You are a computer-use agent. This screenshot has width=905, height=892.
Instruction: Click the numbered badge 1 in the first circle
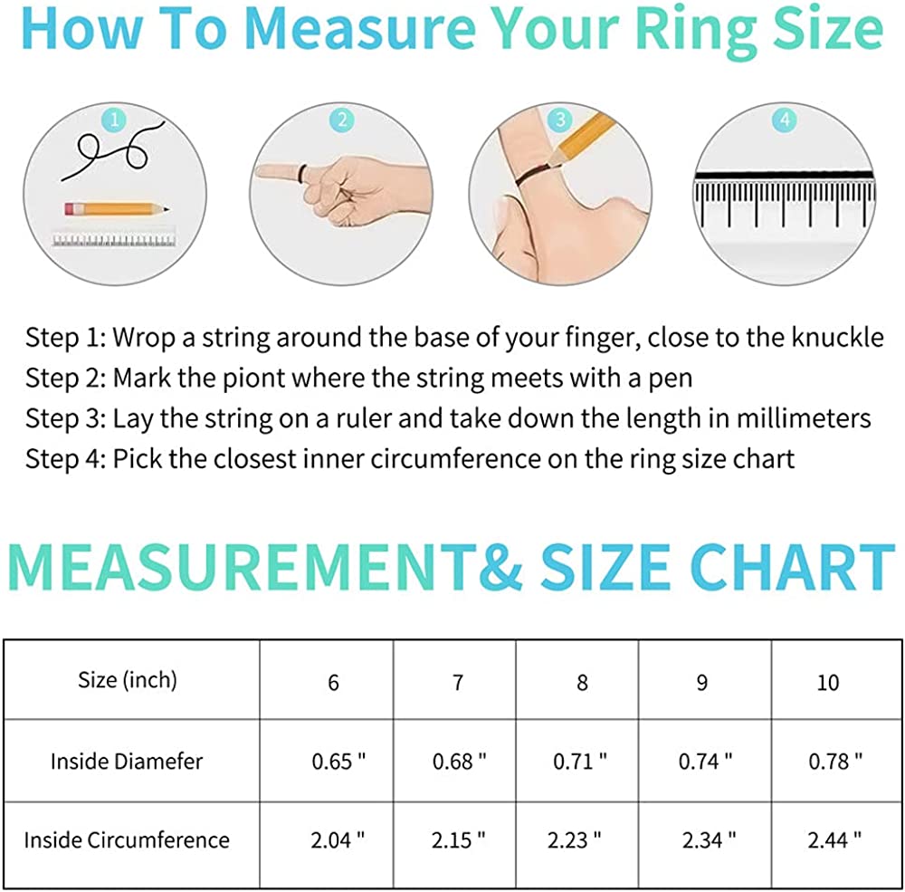click(114, 120)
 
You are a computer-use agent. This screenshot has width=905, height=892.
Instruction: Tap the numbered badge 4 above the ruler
click(785, 120)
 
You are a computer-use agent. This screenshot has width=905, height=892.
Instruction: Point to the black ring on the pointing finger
click(302, 172)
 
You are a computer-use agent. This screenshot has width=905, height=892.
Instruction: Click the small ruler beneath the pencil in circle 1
click(114, 239)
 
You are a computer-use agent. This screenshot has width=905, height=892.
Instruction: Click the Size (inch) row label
click(128, 680)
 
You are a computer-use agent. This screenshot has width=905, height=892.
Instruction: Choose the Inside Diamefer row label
click(127, 762)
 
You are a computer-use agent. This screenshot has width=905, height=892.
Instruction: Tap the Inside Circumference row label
click(127, 840)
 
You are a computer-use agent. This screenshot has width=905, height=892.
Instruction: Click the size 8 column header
click(582, 683)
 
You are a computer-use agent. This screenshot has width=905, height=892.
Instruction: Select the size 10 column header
click(828, 683)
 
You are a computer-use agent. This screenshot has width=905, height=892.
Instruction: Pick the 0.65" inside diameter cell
click(338, 762)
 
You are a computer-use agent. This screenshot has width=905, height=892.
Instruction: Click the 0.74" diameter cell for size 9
click(705, 762)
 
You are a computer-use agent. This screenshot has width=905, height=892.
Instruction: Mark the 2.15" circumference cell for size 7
click(458, 840)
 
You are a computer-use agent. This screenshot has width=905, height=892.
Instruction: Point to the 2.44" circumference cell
click(834, 840)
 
